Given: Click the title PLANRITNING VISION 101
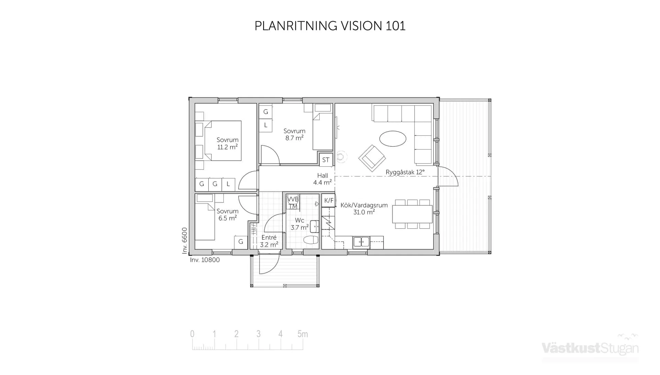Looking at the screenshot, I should (x=330, y=26).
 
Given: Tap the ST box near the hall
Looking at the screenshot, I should (x=326, y=160).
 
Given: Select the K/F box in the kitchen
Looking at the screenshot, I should (x=329, y=200).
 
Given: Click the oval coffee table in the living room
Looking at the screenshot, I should (x=393, y=139).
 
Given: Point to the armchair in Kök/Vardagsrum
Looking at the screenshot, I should (x=372, y=158).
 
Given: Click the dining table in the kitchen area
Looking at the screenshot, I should (x=412, y=214).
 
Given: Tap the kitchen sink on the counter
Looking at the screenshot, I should (x=361, y=242).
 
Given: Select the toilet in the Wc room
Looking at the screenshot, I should (x=311, y=240).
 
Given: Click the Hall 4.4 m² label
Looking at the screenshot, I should (x=322, y=179).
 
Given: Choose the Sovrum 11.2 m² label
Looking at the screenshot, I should (x=227, y=144).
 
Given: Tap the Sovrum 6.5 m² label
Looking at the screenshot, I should (x=227, y=215).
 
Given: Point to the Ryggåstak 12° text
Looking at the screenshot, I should (x=405, y=172).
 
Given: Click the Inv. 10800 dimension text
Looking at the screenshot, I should (x=205, y=260).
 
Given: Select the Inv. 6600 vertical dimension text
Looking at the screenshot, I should (x=185, y=241).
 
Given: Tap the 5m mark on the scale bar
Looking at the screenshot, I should (x=302, y=334).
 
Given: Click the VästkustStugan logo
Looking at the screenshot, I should (x=590, y=348).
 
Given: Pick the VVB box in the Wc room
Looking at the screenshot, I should (x=293, y=199).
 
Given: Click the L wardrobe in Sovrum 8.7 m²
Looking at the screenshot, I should (x=265, y=125).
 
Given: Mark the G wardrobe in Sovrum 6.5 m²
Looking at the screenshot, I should (x=241, y=242).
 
